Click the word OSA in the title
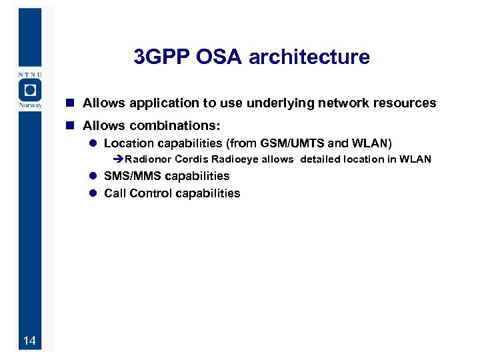point(220,57)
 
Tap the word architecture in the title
point(309,57)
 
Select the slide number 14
point(29,341)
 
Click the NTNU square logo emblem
point(29,90)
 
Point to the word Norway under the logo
point(29,105)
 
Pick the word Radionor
point(148,159)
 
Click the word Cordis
point(191,159)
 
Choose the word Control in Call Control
point(151,193)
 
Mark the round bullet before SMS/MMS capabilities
point(94,176)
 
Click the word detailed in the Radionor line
point(321,159)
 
